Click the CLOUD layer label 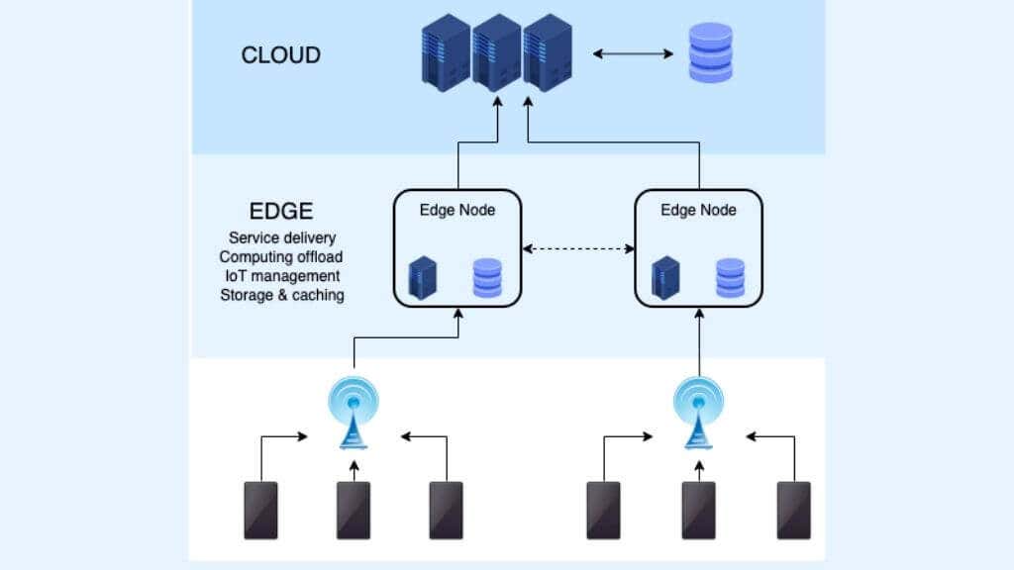click(280, 54)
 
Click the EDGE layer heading click(281, 211)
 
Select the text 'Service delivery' click(282, 238)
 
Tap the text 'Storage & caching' click(282, 295)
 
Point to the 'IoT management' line click(282, 276)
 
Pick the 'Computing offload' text click(282, 257)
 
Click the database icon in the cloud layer click(710, 53)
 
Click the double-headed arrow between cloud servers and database click(633, 53)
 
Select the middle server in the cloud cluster click(496, 53)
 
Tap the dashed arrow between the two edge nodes click(579, 248)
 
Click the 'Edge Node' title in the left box click(457, 210)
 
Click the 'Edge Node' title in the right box click(698, 210)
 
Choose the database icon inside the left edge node click(488, 278)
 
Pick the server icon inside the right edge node click(664, 278)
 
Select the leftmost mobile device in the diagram click(260, 510)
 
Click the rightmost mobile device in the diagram click(793, 510)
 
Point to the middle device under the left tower click(354, 510)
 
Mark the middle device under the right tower click(698, 510)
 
